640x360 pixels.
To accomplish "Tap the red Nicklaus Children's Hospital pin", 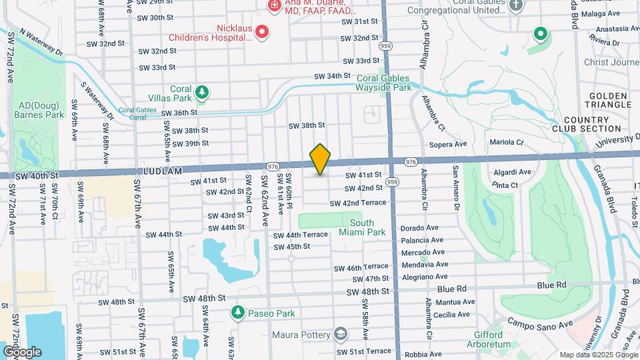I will [x=262, y=31].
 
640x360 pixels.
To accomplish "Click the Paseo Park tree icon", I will [x=237, y=312].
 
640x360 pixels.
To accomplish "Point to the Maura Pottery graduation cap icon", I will [x=341, y=334].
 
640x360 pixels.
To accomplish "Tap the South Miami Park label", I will [x=362, y=227].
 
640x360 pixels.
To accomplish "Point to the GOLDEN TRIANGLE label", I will [x=609, y=101].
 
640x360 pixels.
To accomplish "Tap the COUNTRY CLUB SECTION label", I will [x=587, y=124].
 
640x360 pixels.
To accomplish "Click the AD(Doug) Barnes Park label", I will [x=39, y=110].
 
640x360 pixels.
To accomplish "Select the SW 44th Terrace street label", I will [x=301, y=235].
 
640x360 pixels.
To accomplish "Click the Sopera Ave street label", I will [x=448, y=144].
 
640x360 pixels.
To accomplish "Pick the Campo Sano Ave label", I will [x=539, y=323].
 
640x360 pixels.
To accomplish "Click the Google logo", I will [x=22, y=351].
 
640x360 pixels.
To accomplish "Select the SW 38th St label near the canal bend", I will [x=307, y=125].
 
